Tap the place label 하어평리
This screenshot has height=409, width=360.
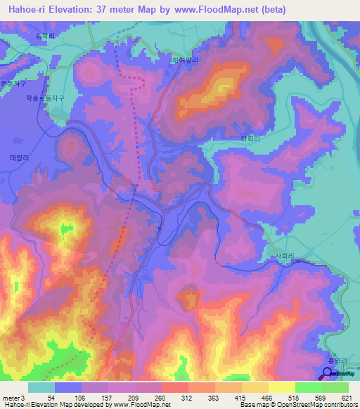pyautogui.click(x=186, y=60)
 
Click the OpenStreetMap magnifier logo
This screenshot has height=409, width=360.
pyautogui.click(x=328, y=372)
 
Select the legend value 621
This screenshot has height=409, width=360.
pyautogui.click(x=345, y=397)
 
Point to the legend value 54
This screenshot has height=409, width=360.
pyautogui.click(x=52, y=397)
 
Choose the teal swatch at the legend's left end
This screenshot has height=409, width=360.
pyautogui.click(x=41, y=387)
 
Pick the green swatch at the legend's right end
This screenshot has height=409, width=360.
pyautogui.click(x=335, y=387)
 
